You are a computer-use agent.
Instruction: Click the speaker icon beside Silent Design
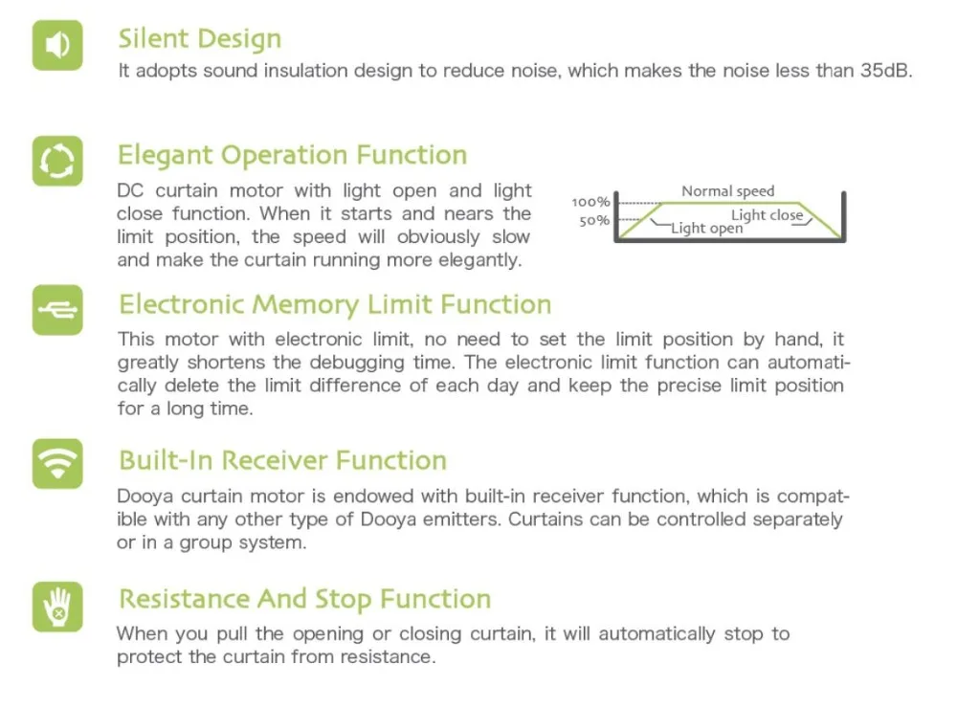57,45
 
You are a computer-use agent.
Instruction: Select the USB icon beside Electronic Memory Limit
57,309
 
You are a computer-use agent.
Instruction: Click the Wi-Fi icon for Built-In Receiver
57,464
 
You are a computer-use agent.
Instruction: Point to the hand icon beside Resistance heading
57,606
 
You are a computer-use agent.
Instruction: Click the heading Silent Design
199,39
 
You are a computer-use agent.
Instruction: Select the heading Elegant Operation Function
292,155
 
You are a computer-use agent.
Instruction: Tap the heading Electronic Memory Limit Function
334,305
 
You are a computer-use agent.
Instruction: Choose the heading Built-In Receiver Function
282,460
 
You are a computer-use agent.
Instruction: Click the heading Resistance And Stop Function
304,600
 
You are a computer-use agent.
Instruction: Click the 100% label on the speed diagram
590,202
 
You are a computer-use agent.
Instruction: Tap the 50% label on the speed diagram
592,221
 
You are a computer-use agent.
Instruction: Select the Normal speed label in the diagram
727,191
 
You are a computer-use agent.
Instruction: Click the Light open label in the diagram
706,228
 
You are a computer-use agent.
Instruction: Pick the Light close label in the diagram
767,215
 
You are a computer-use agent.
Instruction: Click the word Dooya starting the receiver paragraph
144,497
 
